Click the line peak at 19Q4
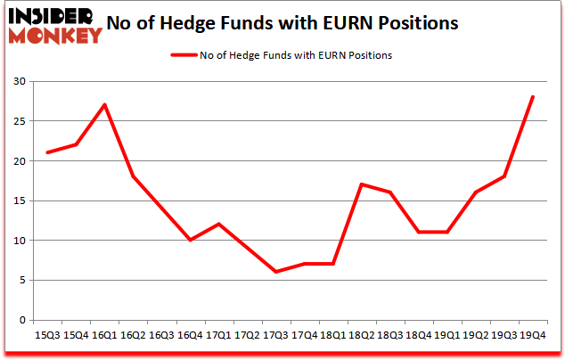coord(532,97)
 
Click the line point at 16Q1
coord(104,105)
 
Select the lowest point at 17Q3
coord(275,272)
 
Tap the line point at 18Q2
coord(361,184)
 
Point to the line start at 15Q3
coord(47,152)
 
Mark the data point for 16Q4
coord(190,240)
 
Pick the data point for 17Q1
coord(218,224)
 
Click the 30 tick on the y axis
coord(18,82)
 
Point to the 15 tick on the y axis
coord(18,200)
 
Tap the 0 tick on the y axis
coord(20,319)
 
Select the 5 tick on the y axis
coord(20,280)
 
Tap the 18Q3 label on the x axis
coord(389,336)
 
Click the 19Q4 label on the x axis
coord(531,336)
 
